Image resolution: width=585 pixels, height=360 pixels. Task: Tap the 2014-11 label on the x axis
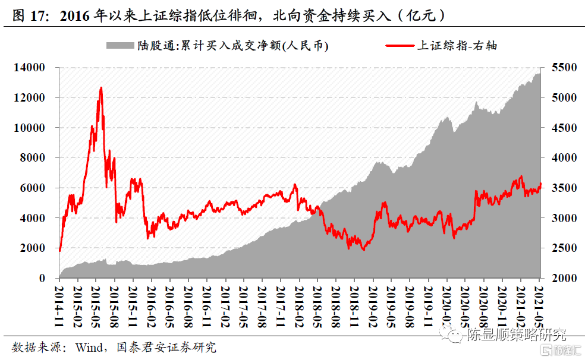(59, 303)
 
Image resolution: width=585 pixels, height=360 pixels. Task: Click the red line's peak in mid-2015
(101, 88)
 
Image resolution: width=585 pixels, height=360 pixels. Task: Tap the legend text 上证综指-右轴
(456, 45)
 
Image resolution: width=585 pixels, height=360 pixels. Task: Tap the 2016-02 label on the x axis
(151, 303)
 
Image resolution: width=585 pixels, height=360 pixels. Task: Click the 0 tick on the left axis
(42, 278)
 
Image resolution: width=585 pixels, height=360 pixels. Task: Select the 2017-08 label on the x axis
(262, 303)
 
